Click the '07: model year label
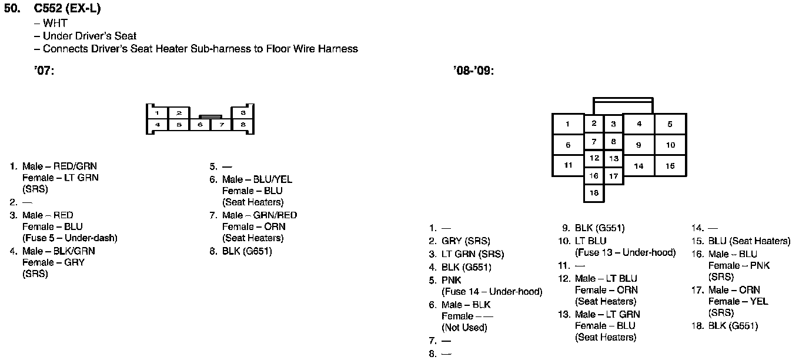[x=44, y=71]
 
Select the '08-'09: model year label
[x=473, y=71]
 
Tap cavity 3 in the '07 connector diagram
[x=243, y=112]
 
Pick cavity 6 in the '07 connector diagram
[x=200, y=125]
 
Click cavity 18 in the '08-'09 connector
[x=594, y=193]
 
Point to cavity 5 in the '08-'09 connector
[x=670, y=124]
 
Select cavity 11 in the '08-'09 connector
[x=568, y=165]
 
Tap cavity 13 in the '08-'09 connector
[x=613, y=158]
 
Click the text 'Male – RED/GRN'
[x=59, y=166]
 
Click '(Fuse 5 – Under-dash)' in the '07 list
[x=70, y=238]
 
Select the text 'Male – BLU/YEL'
[x=257, y=179]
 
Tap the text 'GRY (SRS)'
[x=466, y=241]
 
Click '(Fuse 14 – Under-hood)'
[x=492, y=292]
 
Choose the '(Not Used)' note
[x=464, y=328]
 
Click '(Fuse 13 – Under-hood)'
[x=625, y=253]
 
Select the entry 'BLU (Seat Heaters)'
[x=749, y=241]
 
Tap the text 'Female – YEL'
[x=738, y=301]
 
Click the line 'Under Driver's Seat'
[x=89, y=36]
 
